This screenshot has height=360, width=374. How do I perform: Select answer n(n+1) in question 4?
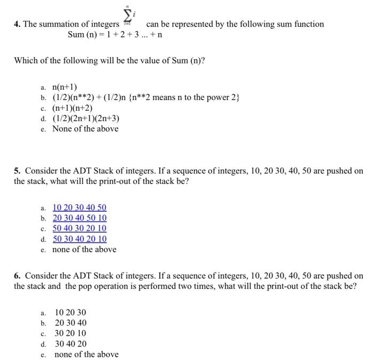[x=65, y=87]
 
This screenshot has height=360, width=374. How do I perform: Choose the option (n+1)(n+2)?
[x=73, y=108]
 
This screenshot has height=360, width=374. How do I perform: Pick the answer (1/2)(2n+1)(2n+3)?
[x=85, y=118]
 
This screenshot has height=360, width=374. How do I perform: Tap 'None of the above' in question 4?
[x=85, y=129]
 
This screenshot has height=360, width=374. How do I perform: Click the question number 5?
[x=18, y=171]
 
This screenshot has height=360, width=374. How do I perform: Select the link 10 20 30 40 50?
[x=80, y=208]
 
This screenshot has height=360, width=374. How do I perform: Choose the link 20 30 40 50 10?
[x=80, y=218]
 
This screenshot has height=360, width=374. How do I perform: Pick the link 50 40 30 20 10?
[x=80, y=228]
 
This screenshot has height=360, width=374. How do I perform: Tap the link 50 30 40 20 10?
[x=80, y=239]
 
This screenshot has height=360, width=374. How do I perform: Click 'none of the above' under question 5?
[x=84, y=249]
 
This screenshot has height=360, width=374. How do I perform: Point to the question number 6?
[x=18, y=276]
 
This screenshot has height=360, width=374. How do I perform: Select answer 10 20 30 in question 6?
[x=71, y=312]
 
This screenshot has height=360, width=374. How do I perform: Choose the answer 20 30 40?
[x=71, y=323]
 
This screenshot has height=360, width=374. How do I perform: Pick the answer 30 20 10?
[x=71, y=333]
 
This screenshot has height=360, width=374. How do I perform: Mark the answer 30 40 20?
[x=71, y=344]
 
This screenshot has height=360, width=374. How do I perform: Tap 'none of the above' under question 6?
[x=87, y=354]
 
